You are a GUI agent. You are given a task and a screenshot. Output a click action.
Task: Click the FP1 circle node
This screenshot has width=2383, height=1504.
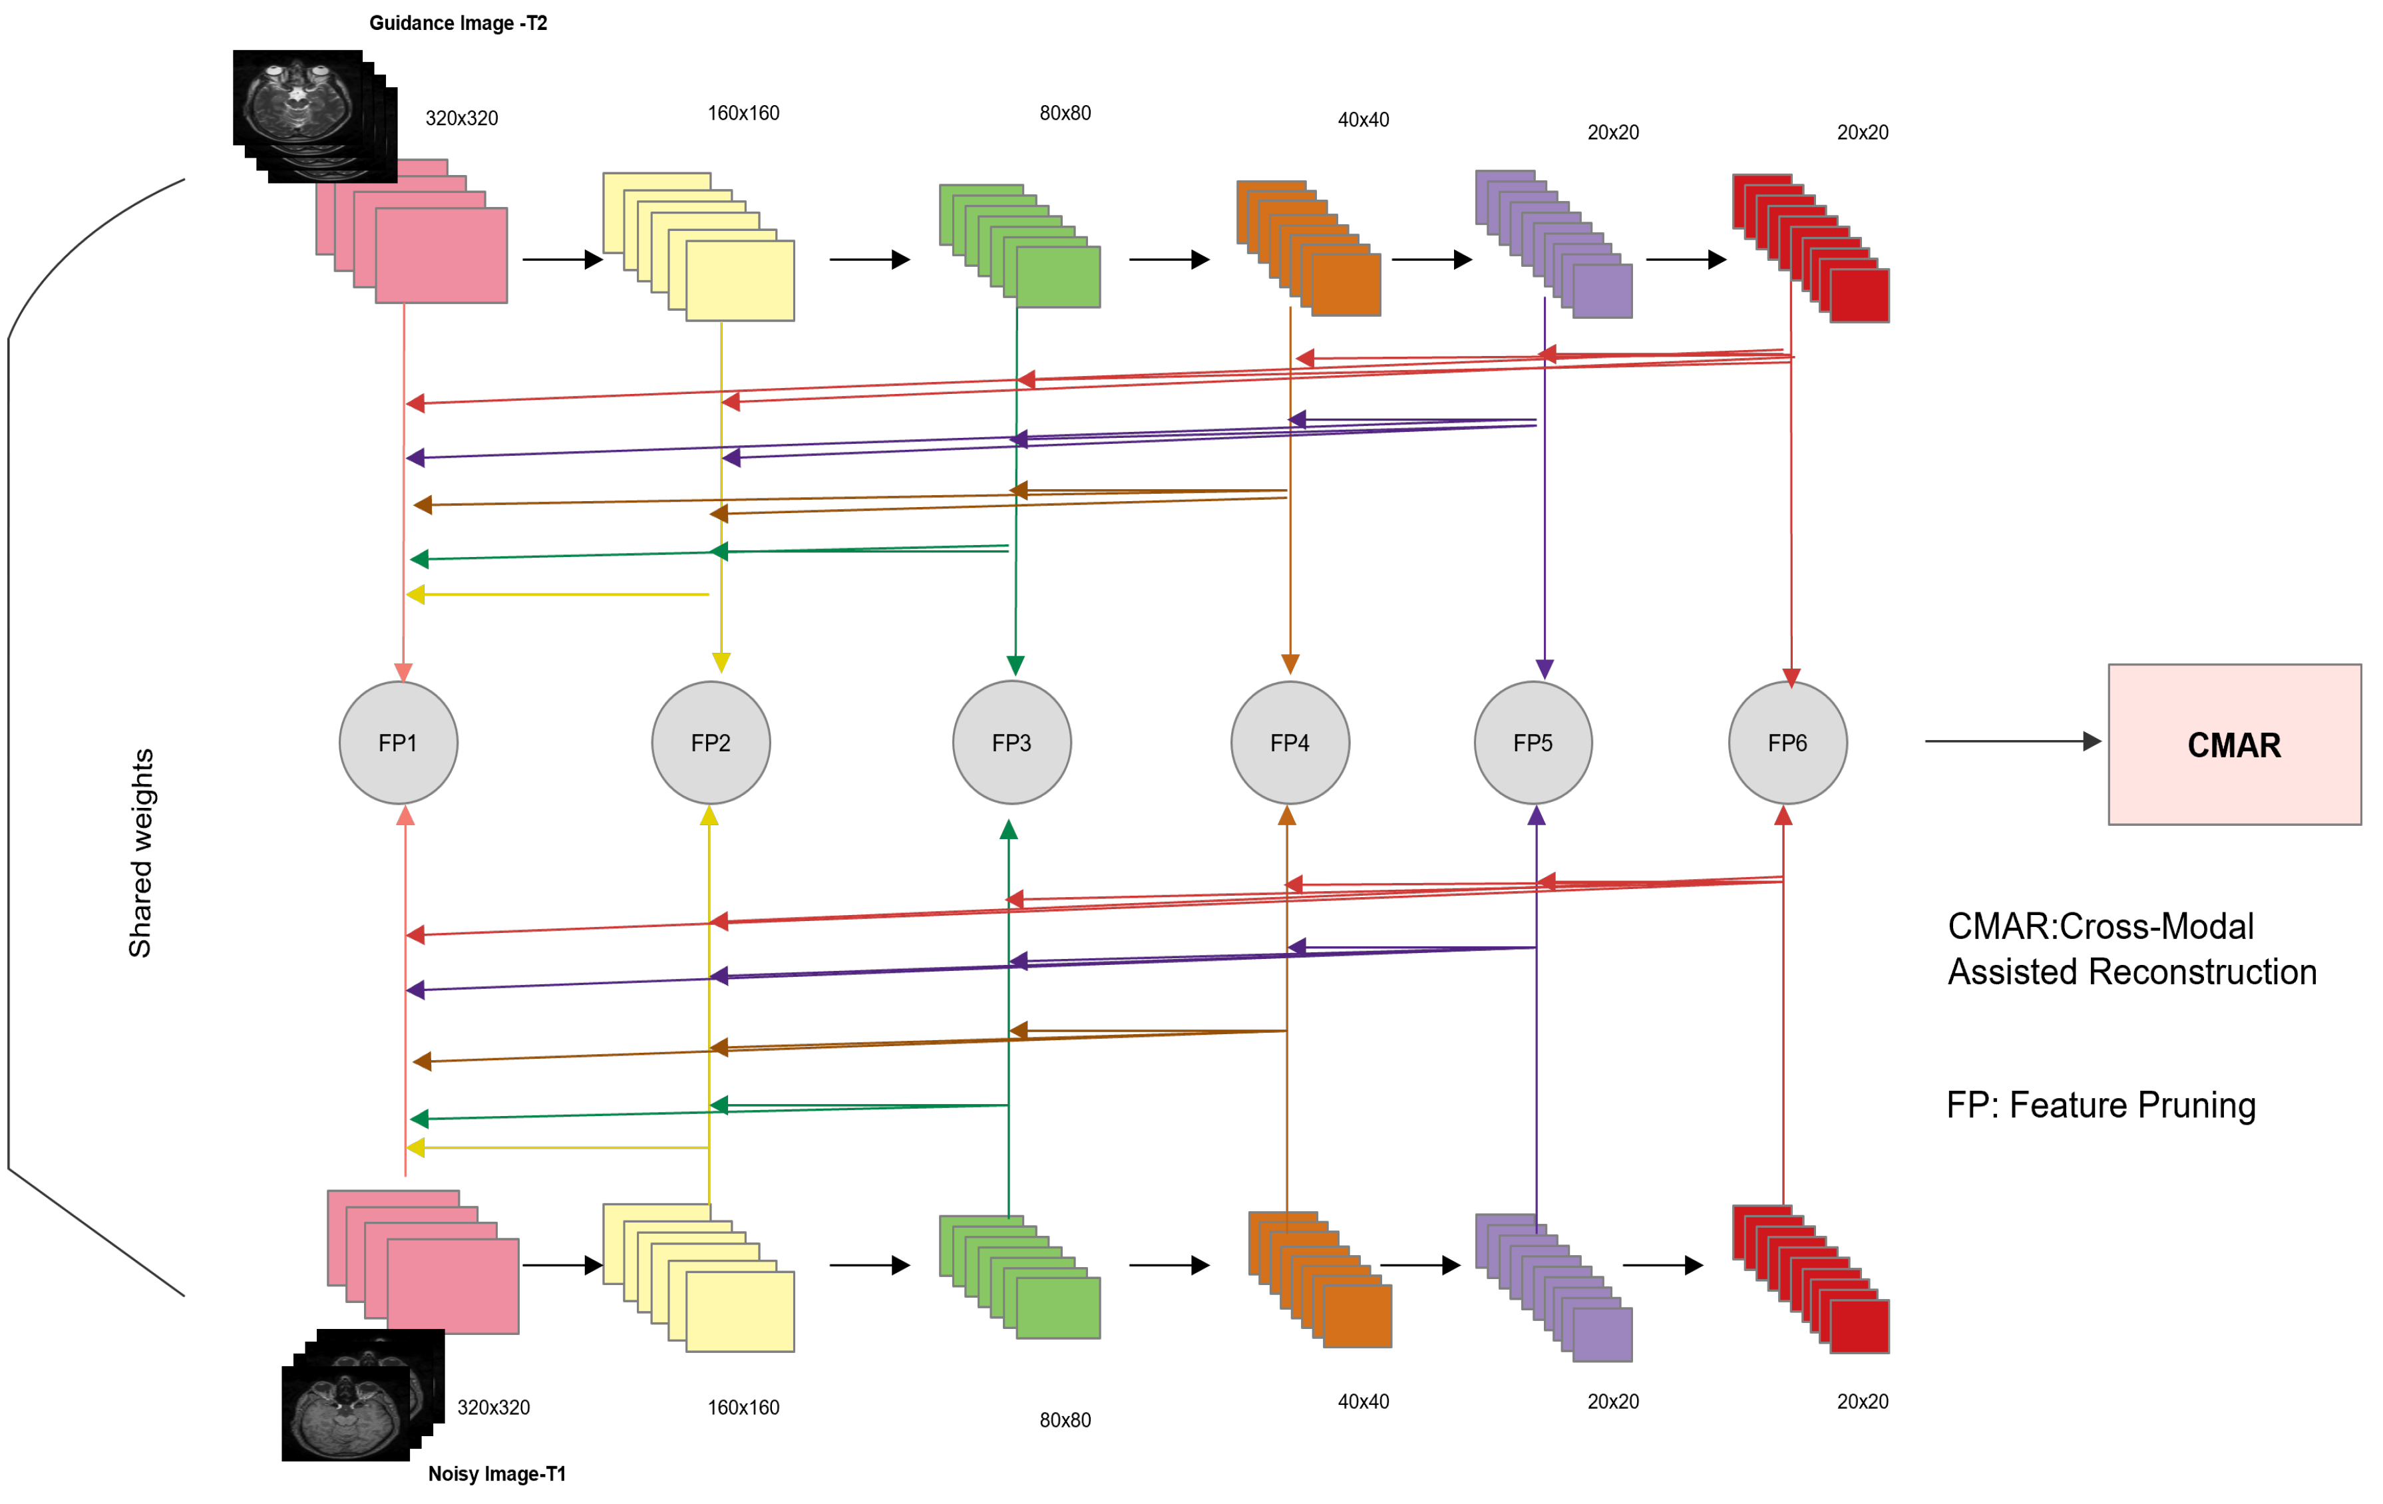(398, 742)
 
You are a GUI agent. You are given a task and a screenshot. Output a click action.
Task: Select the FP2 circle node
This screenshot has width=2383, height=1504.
(711, 742)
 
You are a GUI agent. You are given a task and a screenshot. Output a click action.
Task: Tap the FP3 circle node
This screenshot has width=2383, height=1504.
(1011, 742)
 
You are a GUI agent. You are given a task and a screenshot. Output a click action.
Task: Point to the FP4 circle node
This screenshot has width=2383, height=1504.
(1290, 742)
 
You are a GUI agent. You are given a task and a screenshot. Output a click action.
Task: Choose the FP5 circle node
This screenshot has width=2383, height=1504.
(1533, 742)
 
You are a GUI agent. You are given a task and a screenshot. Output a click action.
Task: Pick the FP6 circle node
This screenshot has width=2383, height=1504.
(1787, 742)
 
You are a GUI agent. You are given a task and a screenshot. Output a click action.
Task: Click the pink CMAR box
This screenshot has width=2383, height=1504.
(2233, 744)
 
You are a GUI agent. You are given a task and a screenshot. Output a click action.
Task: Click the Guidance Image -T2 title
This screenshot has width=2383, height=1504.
(458, 23)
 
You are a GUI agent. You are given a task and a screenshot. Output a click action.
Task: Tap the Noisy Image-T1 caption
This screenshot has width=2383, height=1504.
(497, 1473)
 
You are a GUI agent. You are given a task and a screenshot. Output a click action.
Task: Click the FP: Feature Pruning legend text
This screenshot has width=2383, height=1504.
(2100, 1104)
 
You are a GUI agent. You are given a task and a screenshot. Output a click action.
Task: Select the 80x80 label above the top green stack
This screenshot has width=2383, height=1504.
(1065, 113)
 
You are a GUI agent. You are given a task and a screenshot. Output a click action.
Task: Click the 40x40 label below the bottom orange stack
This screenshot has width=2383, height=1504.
(1363, 1401)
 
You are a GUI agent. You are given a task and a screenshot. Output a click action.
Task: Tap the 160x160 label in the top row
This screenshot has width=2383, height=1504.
(743, 113)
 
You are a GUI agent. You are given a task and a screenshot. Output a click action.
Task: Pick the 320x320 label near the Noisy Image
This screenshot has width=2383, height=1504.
(493, 1407)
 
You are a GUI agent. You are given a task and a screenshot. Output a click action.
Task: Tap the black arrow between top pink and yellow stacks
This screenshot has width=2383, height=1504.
(562, 260)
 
